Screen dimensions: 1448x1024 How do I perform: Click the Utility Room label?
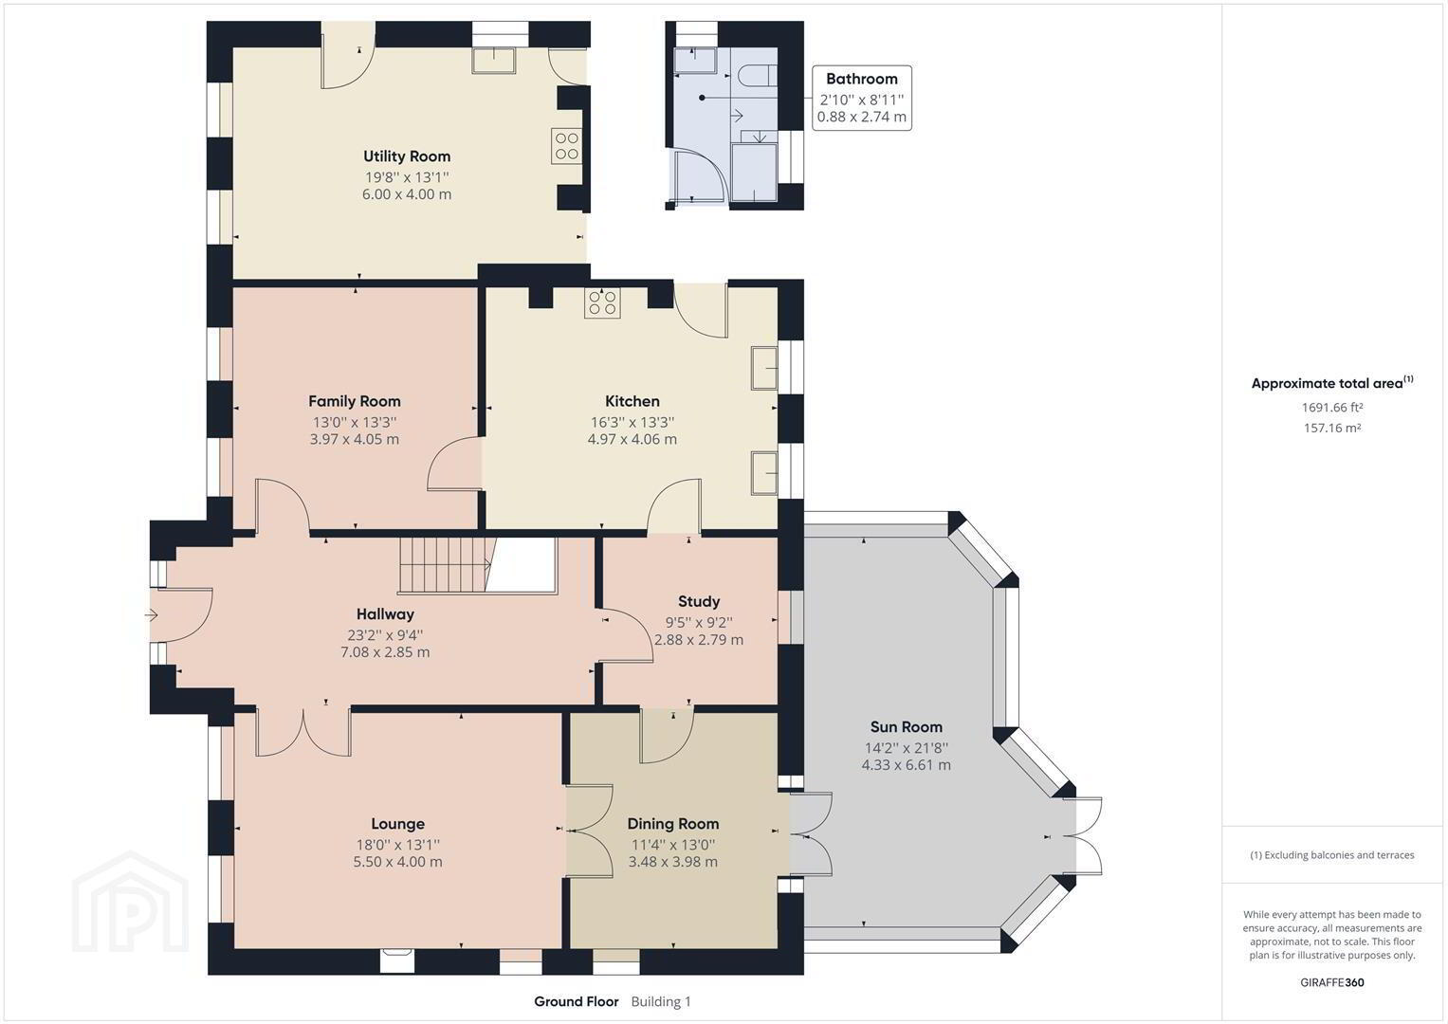pos(407,156)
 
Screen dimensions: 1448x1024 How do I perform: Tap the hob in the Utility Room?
pos(566,146)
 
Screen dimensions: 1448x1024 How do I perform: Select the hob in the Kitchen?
pos(602,303)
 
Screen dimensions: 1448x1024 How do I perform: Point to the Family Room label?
pos(355,401)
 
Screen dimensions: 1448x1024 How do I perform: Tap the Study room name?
pos(699,602)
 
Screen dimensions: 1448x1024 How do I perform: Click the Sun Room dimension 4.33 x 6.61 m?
pos(907,765)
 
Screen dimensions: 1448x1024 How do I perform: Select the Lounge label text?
pos(397,824)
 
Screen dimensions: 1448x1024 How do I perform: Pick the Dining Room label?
pos(673,824)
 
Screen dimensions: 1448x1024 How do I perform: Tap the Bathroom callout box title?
pos(862,79)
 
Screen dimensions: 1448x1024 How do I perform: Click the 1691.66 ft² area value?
pos(1332,408)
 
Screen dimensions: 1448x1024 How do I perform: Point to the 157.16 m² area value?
pos(1332,428)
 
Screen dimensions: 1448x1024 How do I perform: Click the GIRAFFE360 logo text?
pos(1332,982)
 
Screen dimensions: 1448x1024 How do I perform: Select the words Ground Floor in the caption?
pos(576,1002)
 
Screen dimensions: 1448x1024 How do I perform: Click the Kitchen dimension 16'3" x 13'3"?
pos(632,422)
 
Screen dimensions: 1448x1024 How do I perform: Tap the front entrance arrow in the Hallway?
pos(152,614)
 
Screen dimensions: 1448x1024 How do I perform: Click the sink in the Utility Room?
pos(494,60)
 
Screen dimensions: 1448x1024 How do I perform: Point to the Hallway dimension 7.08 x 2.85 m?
pos(385,651)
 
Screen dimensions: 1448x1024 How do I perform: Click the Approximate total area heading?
pos(1332,383)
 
